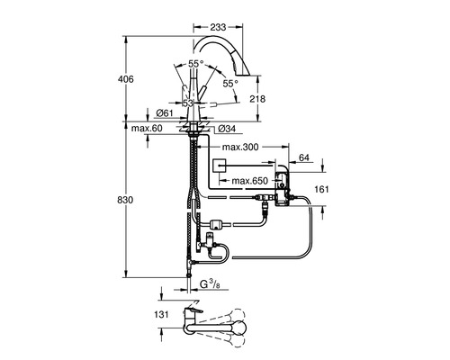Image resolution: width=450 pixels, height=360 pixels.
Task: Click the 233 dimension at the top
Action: (x=218, y=27)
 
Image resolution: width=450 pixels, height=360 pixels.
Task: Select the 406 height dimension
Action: (x=125, y=79)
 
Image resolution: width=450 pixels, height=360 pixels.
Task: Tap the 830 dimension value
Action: (x=125, y=200)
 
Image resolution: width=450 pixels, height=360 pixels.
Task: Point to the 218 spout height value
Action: (x=257, y=99)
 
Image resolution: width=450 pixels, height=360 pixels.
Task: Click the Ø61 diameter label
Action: (x=165, y=113)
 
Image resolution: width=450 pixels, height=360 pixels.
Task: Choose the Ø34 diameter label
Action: (x=227, y=129)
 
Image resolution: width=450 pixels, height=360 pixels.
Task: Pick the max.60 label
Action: (x=147, y=129)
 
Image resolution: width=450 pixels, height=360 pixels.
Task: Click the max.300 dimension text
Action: (x=240, y=147)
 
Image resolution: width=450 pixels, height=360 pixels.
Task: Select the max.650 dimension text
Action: (x=249, y=181)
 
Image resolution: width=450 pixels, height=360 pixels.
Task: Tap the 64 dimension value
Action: (x=304, y=157)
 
